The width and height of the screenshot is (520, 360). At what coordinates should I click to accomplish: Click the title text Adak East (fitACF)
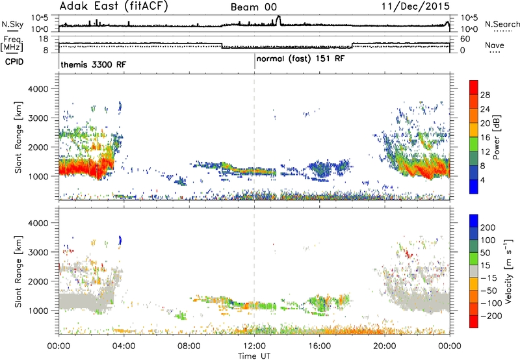[114, 6]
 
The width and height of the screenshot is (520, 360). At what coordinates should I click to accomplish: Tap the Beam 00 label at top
[253, 7]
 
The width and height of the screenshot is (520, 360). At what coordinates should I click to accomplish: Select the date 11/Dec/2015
[415, 6]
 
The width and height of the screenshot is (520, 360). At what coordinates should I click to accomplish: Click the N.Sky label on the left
[12, 24]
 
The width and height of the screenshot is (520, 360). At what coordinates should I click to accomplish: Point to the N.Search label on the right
[502, 24]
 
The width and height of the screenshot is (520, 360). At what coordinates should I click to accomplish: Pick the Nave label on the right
[495, 45]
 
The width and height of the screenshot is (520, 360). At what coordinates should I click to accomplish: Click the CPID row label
[14, 62]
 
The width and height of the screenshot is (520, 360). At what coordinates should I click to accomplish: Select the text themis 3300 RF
[93, 64]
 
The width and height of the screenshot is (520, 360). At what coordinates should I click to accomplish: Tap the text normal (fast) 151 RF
[300, 59]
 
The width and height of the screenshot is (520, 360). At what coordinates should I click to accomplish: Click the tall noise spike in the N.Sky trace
[278, 19]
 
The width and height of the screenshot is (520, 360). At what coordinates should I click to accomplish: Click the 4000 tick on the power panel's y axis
[39, 89]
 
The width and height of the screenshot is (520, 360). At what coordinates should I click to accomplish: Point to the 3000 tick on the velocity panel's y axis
[39, 252]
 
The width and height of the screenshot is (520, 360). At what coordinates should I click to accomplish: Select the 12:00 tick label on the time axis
[254, 346]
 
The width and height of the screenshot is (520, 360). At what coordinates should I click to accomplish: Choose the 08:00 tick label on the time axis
[189, 346]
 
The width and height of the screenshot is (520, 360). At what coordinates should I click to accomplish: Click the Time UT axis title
[254, 355]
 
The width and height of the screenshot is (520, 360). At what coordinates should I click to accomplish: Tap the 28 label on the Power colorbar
[485, 95]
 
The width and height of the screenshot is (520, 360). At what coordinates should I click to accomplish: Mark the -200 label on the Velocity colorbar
[492, 316]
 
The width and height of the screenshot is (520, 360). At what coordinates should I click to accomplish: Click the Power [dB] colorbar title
[496, 137]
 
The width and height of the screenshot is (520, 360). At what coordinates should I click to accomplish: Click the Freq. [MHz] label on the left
[12, 44]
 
